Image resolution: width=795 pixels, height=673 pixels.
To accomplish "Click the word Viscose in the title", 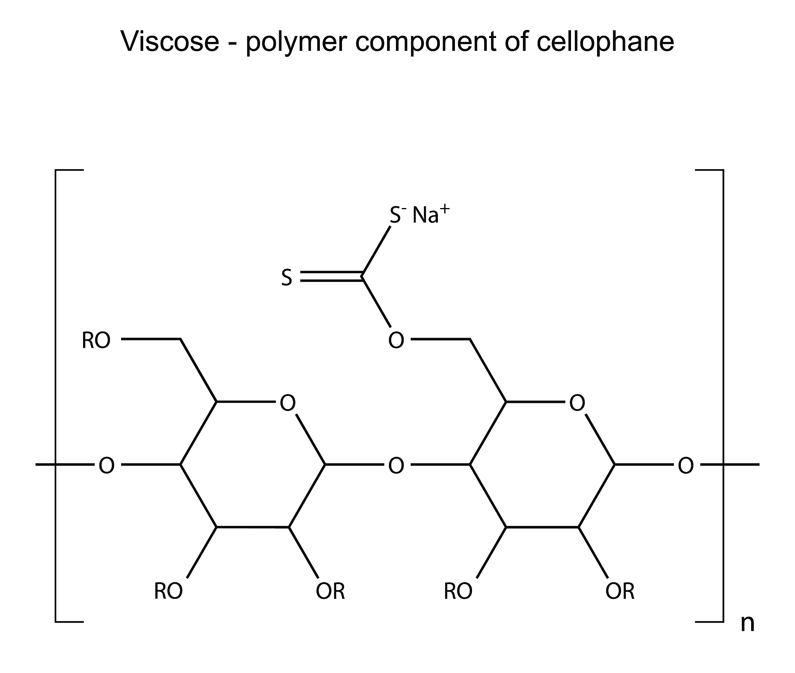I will click(x=170, y=42).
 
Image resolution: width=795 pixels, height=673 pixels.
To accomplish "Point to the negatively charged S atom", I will click(x=396, y=215).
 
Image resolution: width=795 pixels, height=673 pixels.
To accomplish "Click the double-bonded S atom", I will click(x=286, y=278).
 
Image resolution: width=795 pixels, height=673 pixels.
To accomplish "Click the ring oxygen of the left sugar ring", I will click(x=288, y=403).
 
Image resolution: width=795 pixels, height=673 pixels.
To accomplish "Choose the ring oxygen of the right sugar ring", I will click(x=577, y=403).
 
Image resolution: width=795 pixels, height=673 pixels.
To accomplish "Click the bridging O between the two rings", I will click(x=396, y=465).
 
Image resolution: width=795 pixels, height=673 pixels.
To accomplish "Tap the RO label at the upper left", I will click(x=96, y=341).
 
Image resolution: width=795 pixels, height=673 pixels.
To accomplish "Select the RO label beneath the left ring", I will click(x=168, y=591).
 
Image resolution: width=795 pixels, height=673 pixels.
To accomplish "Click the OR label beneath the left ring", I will click(x=330, y=591).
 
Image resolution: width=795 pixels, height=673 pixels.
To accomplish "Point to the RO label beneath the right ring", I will click(x=458, y=591).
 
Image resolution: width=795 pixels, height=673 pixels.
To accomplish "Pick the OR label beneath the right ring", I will click(x=620, y=591).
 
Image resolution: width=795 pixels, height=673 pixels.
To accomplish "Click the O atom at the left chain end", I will click(x=106, y=465).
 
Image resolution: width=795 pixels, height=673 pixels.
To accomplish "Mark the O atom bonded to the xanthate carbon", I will click(x=396, y=341).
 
